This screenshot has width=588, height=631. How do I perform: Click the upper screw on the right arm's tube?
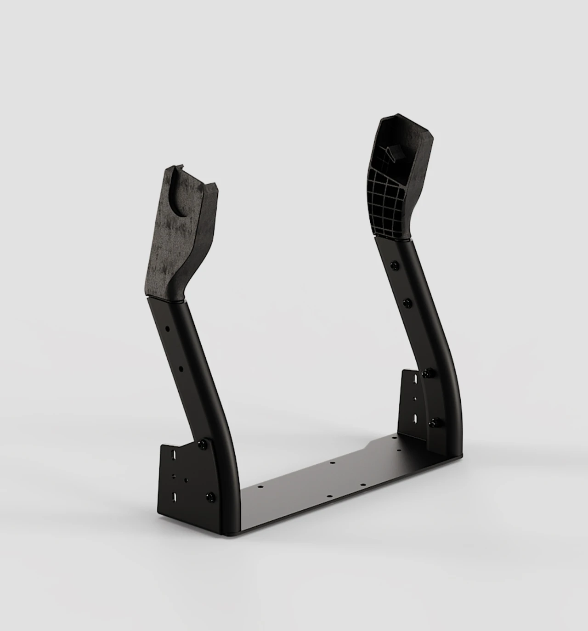[394, 265]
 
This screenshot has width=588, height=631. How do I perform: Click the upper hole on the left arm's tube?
[167, 329]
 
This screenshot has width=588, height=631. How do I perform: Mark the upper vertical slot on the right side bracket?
[415, 379]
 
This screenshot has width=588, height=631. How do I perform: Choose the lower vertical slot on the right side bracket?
[415, 418]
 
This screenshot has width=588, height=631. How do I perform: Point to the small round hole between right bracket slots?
[415, 399]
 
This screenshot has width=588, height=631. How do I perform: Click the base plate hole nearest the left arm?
[260, 487]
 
